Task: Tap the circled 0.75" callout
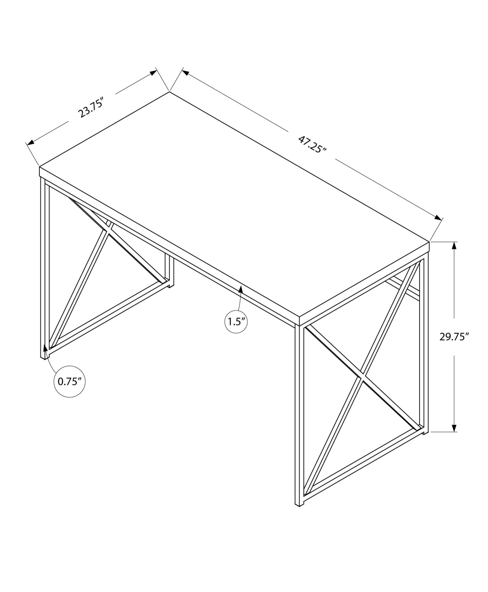click(70, 382)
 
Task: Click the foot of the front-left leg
click(43, 357)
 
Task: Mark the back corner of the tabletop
click(169, 92)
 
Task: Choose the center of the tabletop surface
click(234, 204)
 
